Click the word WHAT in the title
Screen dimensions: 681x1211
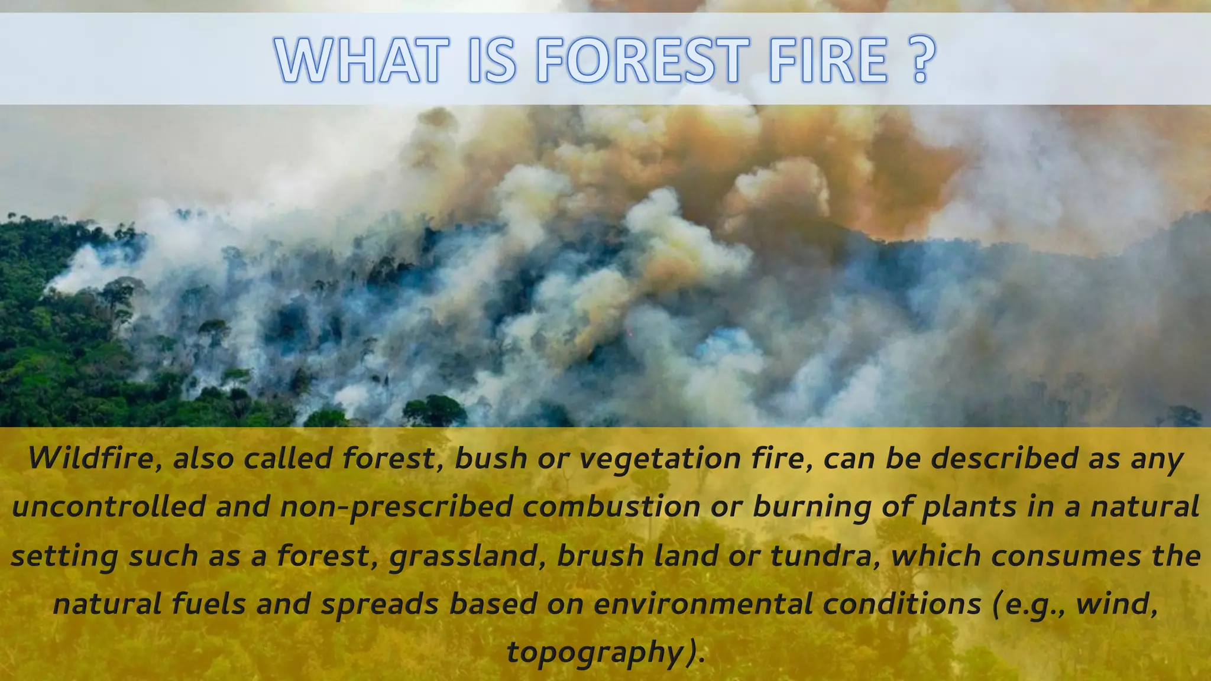(x=358, y=60)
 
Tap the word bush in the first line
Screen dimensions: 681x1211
(x=490, y=459)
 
